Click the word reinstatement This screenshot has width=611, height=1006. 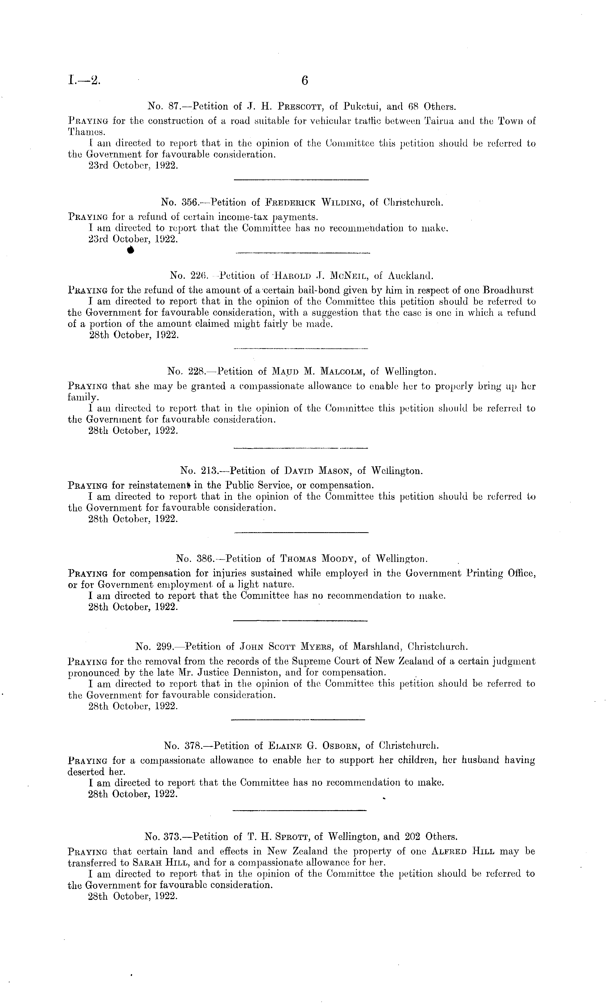pyautogui.click(x=161, y=485)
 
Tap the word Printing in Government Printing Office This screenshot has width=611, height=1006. pyautogui.click(x=483, y=573)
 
